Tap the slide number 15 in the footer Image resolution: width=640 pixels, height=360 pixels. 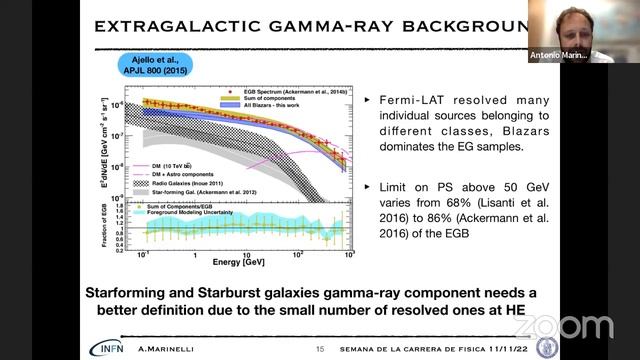point(320,349)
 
